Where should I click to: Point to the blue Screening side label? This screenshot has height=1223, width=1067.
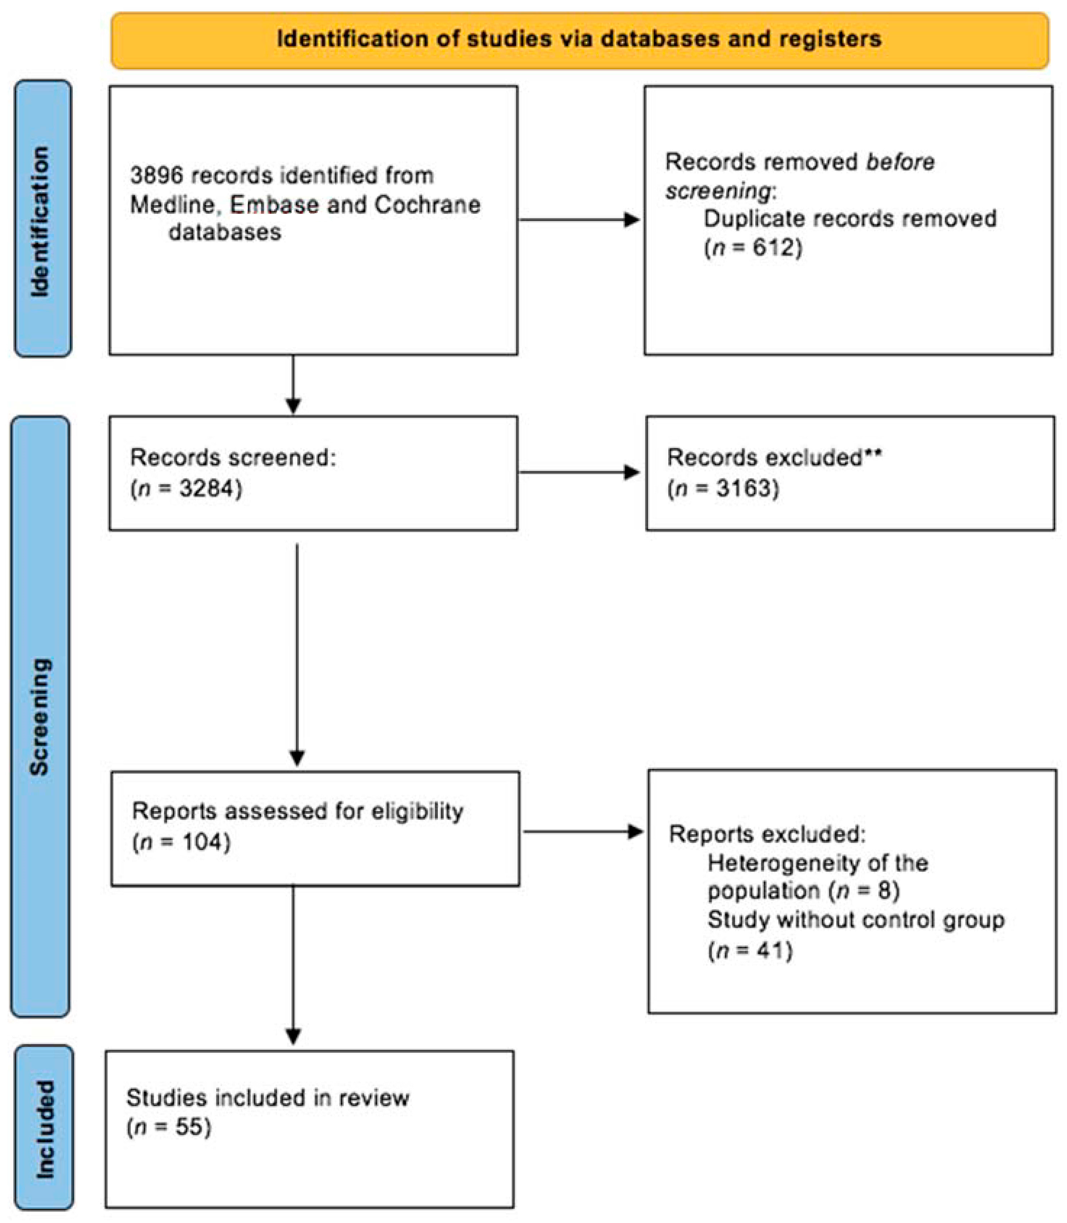coord(41,717)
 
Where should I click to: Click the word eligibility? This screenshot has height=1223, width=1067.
coord(417,811)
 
